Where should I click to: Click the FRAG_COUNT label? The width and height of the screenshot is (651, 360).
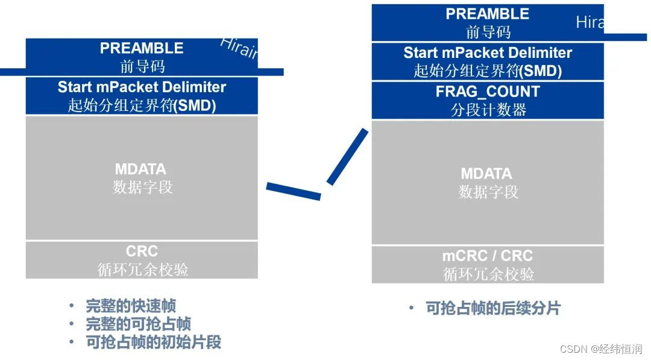(488, 92)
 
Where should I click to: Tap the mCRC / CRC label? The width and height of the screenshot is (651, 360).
(488, 256)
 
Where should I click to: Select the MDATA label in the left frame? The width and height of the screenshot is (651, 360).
(142, 169)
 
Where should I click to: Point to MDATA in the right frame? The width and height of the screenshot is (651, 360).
(486, 174)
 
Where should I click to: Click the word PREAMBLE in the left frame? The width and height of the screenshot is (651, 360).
(142, 48)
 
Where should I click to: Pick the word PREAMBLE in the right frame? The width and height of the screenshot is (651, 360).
(488, 14)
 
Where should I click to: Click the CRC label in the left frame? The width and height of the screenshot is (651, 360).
(142, 251)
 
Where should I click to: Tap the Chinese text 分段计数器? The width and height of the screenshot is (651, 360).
(488, 110)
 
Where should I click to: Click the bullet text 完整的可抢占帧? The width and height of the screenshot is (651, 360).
(139, 324)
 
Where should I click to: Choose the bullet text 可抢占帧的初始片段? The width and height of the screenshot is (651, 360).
(154, 343)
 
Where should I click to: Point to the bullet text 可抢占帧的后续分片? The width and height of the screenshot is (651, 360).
(493, 308)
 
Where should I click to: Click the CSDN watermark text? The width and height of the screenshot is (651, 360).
(601, 349)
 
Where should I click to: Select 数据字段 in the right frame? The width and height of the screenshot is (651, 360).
(488, 192)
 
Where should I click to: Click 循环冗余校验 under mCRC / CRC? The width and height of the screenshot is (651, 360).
(488, 274)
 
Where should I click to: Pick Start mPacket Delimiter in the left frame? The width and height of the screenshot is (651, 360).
(142, 87)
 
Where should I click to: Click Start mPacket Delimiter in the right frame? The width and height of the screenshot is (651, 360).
(488, 52)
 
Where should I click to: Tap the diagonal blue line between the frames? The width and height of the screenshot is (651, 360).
(347, 157)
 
